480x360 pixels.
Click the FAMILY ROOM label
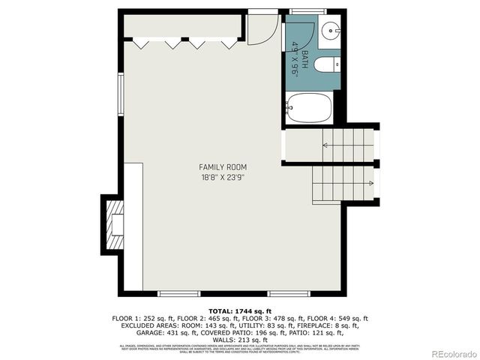pos(223,166)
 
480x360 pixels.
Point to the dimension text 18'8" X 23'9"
pos(223,177)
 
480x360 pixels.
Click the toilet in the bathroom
pos(327,64)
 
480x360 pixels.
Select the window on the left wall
pos(120,94)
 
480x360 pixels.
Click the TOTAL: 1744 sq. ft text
pos(239,310)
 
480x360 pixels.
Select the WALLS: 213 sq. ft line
pos(239,340)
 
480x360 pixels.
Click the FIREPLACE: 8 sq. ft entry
pos(323,325)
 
